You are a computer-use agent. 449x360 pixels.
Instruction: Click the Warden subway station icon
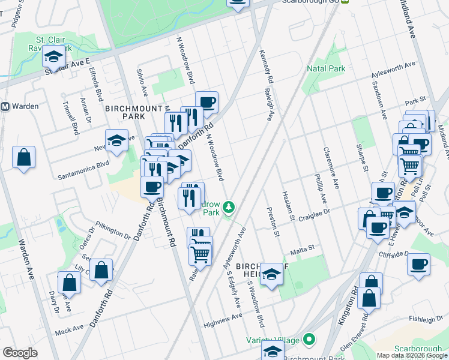[5, 107]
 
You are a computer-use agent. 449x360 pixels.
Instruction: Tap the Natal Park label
[326, 69]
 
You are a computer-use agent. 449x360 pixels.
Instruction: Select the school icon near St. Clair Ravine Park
[53, 58]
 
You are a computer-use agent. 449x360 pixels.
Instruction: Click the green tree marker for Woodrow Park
[228, 208]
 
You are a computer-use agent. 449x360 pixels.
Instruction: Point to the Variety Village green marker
[310, 340]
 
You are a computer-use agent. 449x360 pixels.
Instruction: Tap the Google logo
[20, 353]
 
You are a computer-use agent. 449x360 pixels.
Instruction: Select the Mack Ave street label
[69, 330]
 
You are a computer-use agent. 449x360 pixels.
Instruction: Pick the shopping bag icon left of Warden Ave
[23, 158]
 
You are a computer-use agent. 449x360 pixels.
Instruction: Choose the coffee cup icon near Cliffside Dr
[418, 264]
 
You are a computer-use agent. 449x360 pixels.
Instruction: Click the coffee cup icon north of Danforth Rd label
[206, 102]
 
